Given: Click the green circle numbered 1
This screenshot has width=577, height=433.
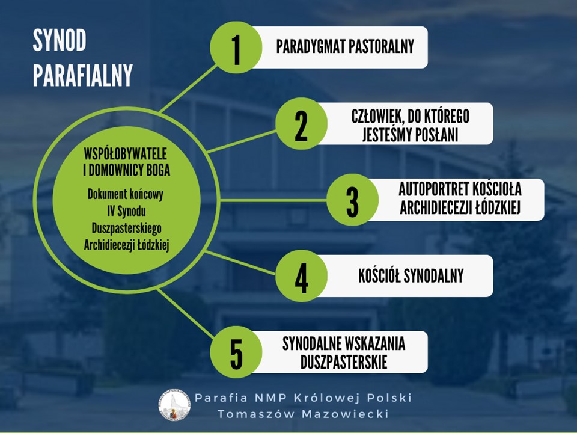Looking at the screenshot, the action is point(236,47).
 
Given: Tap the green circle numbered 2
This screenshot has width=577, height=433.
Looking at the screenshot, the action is point(301,123).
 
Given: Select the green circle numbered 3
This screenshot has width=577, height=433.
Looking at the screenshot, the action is point(352,200).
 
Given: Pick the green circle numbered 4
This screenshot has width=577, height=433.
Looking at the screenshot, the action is point(301,276).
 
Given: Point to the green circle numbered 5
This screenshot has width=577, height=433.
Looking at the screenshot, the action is point(236,352).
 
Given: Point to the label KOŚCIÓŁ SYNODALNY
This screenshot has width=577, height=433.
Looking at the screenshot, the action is point(411,276).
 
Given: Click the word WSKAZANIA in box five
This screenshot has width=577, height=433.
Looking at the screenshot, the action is point(374,343).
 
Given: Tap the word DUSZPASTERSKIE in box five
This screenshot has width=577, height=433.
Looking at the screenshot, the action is point(344,362).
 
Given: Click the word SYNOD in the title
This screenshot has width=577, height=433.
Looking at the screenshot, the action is point(60,40).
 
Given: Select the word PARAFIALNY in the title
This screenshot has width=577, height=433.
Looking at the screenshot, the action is point(83,75).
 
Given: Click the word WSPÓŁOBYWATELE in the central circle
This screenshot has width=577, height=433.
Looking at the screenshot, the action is point(126,154).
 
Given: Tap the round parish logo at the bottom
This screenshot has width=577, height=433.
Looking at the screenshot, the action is point(174,405).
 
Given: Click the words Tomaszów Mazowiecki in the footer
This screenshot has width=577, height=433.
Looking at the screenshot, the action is point(303,414).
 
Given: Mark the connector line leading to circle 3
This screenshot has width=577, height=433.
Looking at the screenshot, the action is point(273,201).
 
